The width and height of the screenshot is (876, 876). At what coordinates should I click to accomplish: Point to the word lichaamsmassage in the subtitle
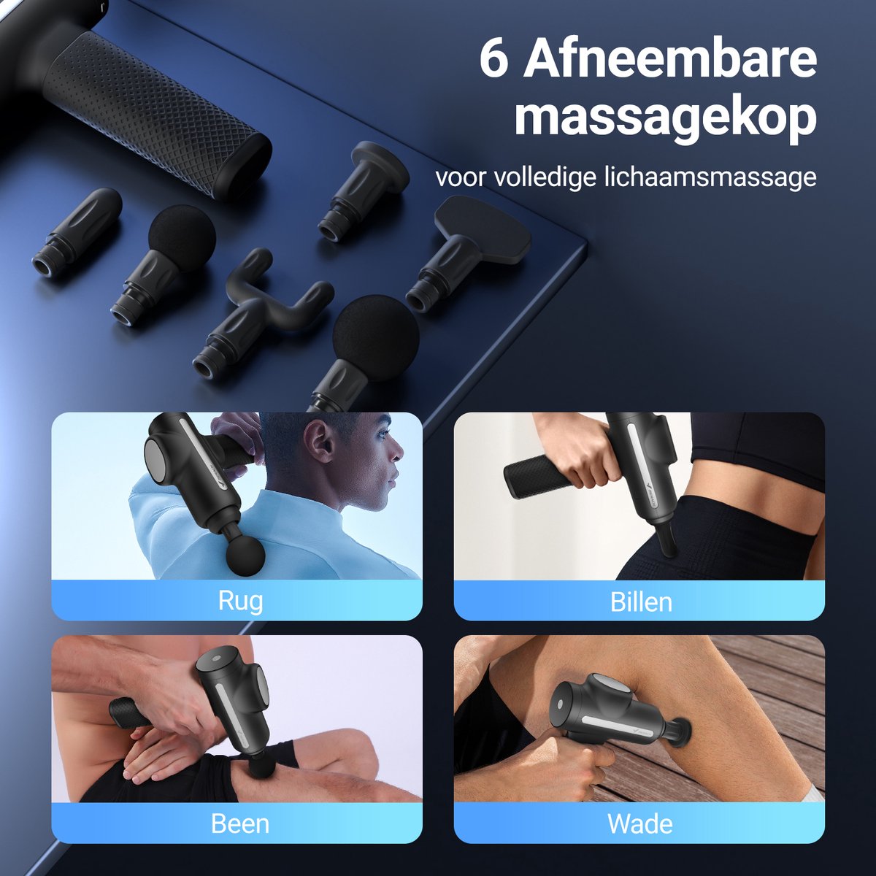(710, 177)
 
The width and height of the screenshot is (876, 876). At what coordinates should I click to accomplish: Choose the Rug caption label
(240, 602)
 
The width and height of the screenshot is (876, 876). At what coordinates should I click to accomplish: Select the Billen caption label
(641, 602)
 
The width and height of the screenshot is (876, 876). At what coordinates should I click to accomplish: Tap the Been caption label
(240, 823)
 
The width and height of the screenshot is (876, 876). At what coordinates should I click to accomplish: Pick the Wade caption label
(640, 823)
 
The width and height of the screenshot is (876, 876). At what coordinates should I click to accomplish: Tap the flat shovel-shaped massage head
(468, 253)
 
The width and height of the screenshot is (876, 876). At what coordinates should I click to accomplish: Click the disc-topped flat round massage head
(363, 191)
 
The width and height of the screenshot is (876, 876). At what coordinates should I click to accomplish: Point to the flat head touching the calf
(681, 734)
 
